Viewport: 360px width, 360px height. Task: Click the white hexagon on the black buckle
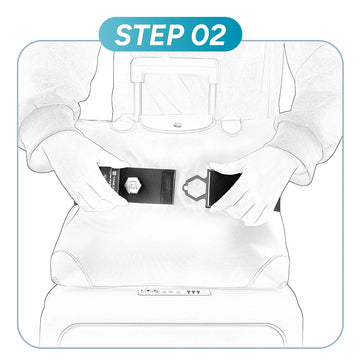click(131, 184)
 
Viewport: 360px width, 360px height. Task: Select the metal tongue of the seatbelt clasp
click(195, 188)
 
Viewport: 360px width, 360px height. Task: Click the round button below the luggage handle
click(176, 125)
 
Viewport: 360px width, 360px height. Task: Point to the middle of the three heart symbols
click(193, 292)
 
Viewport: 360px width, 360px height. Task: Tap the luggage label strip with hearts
click(174, 292)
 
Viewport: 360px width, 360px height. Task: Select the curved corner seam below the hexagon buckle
click(72, 267)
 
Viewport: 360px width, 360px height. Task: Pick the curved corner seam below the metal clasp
click(271, 268)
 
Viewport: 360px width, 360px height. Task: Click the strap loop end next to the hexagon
click(168, 187)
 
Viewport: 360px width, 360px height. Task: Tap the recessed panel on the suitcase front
click(172, 334)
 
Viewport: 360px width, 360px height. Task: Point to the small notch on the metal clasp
click(184, 189)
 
